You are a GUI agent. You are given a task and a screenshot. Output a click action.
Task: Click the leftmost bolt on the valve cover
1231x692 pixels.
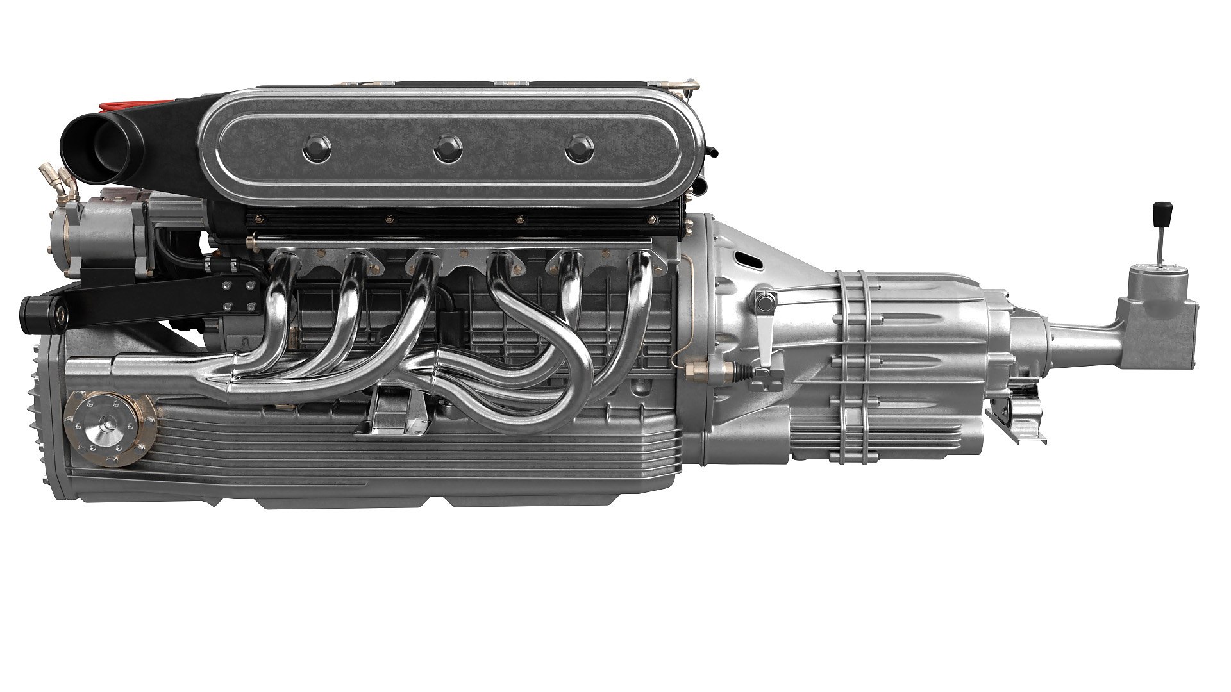(315, 149)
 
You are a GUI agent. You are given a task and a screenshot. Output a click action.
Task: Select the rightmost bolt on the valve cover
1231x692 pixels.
(579, 149)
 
